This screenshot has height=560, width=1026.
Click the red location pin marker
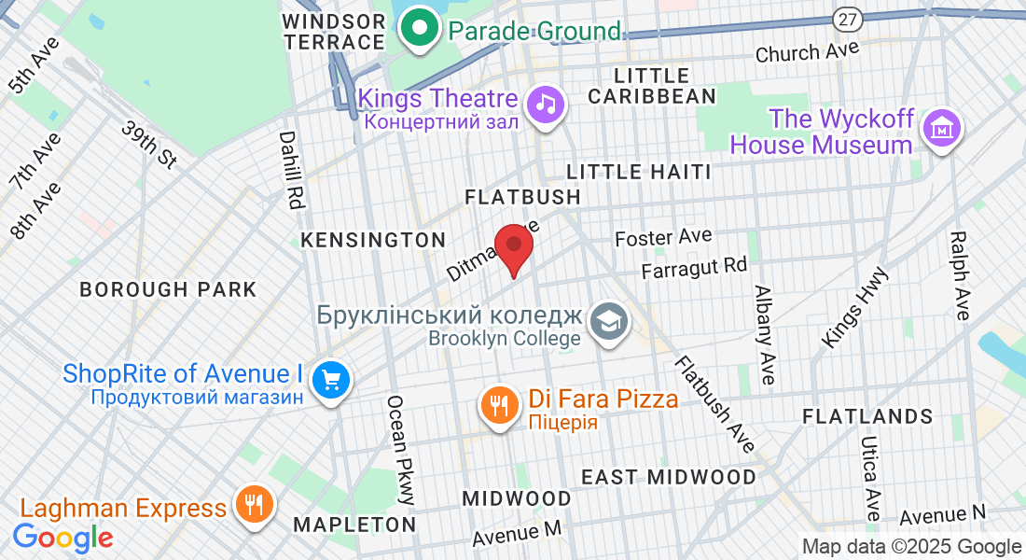(513, 247)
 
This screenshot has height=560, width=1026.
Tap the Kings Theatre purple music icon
(546, 103)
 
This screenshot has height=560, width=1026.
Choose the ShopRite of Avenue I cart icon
(330, 380)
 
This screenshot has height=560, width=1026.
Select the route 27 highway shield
(847, 20)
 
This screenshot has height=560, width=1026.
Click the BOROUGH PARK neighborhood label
(168, 289)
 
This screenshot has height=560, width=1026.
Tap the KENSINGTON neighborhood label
(373, 240)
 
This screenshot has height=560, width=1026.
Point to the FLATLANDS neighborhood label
(867, 416)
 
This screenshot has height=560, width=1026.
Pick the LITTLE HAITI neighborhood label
(639, 172)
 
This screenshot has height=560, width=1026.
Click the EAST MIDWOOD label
(669, 477)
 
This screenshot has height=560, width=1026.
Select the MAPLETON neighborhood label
(354, 525)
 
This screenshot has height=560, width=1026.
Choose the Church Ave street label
(807, 52)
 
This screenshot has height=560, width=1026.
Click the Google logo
(63, 539)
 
